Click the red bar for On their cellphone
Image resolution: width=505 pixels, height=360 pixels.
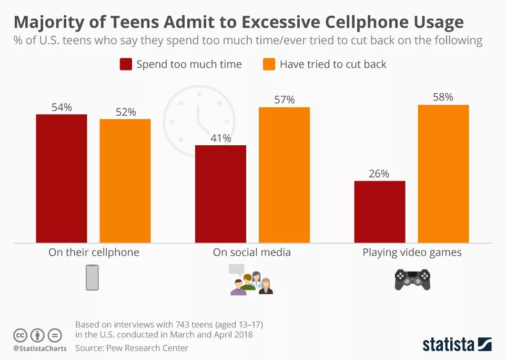point(62,178)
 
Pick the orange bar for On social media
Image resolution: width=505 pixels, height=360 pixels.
point(284,175)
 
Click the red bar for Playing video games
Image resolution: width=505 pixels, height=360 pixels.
point(380,212)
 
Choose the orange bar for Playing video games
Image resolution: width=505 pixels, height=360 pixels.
point(443,174)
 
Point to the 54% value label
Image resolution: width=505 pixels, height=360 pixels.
point(62,107)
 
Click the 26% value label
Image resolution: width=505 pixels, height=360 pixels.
point(379,174)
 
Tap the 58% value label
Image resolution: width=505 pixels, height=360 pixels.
point(442,97)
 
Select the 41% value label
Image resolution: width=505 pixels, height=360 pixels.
point(220,138)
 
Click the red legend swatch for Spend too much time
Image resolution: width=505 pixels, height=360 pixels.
point(126,64)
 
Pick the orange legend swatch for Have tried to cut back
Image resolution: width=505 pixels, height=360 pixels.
point(269,64)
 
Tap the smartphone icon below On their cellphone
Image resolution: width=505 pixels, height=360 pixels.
point(92,277)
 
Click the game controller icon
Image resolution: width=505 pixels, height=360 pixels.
point(412,279)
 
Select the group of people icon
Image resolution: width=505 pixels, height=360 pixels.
point(251,279)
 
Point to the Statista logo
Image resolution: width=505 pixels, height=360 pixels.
point(457,345)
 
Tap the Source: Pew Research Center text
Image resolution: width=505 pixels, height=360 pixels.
point(132,348)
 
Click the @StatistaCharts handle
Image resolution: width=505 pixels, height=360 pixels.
point(40,348)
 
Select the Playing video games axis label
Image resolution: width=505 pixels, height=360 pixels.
point(412,253)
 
